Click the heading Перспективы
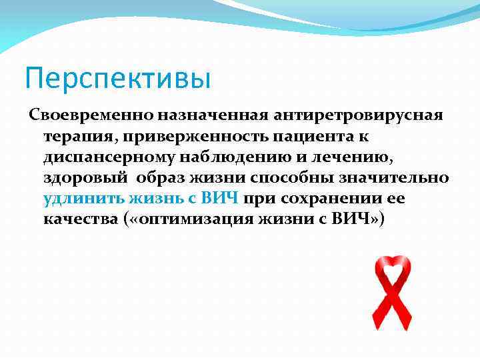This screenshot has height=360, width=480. point(117,78)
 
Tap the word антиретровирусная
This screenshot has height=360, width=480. point(347,116)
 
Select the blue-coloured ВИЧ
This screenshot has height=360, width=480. point(221,199)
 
